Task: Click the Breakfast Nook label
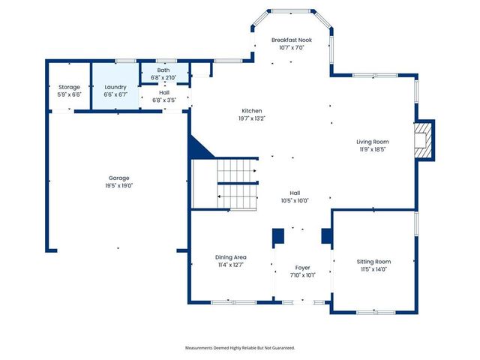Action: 291,40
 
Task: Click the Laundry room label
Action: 115,87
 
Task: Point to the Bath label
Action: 163,70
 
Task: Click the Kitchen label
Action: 251,110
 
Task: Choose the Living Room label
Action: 372,141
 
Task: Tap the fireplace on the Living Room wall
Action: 424,140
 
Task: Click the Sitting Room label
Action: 373,261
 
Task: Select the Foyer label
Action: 302,268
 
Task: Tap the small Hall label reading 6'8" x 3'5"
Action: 163,99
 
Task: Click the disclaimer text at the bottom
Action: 240,348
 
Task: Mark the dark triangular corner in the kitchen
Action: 199,147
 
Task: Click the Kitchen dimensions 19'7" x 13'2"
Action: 251,118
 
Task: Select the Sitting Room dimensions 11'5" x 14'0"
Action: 373,268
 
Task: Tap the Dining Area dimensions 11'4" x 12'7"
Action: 230,264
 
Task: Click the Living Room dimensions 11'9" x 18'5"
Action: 372,148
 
